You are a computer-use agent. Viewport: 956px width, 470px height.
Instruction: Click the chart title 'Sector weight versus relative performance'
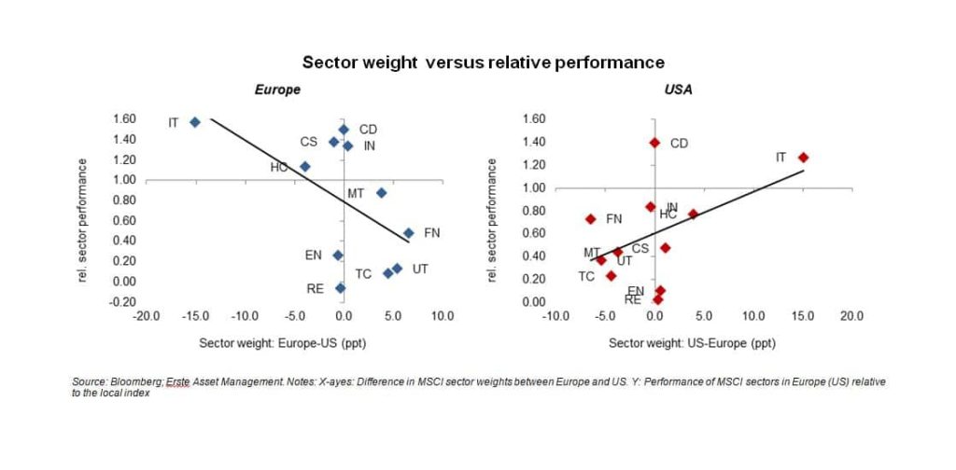[483, 62]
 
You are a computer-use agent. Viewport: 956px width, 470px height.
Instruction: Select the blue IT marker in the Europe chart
[195, 122]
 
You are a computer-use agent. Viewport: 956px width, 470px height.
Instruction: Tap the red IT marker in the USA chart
[803, 158]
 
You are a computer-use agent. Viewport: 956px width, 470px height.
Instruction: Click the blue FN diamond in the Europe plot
[408, 233]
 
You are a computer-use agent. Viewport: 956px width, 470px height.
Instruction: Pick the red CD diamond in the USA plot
[654, 143]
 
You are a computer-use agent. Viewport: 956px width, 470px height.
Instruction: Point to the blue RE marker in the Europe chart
[341, 288]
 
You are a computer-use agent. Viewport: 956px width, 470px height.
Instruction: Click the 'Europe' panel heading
[277, 90]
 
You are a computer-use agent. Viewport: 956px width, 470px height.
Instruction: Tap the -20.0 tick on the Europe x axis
[148, 316]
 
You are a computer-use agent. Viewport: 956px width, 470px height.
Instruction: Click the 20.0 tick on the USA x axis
[851, 316]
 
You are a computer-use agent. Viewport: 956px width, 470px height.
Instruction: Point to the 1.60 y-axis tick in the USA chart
[531, 119]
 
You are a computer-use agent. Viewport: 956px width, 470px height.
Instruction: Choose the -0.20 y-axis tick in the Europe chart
[122, 301]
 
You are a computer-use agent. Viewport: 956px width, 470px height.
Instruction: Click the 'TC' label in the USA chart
[586, 276]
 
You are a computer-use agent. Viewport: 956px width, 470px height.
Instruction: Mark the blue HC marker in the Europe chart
[304, 167]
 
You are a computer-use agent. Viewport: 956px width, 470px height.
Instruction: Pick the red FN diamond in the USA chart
[590, 219]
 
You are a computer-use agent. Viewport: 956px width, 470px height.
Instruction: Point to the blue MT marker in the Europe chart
[381, 193]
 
